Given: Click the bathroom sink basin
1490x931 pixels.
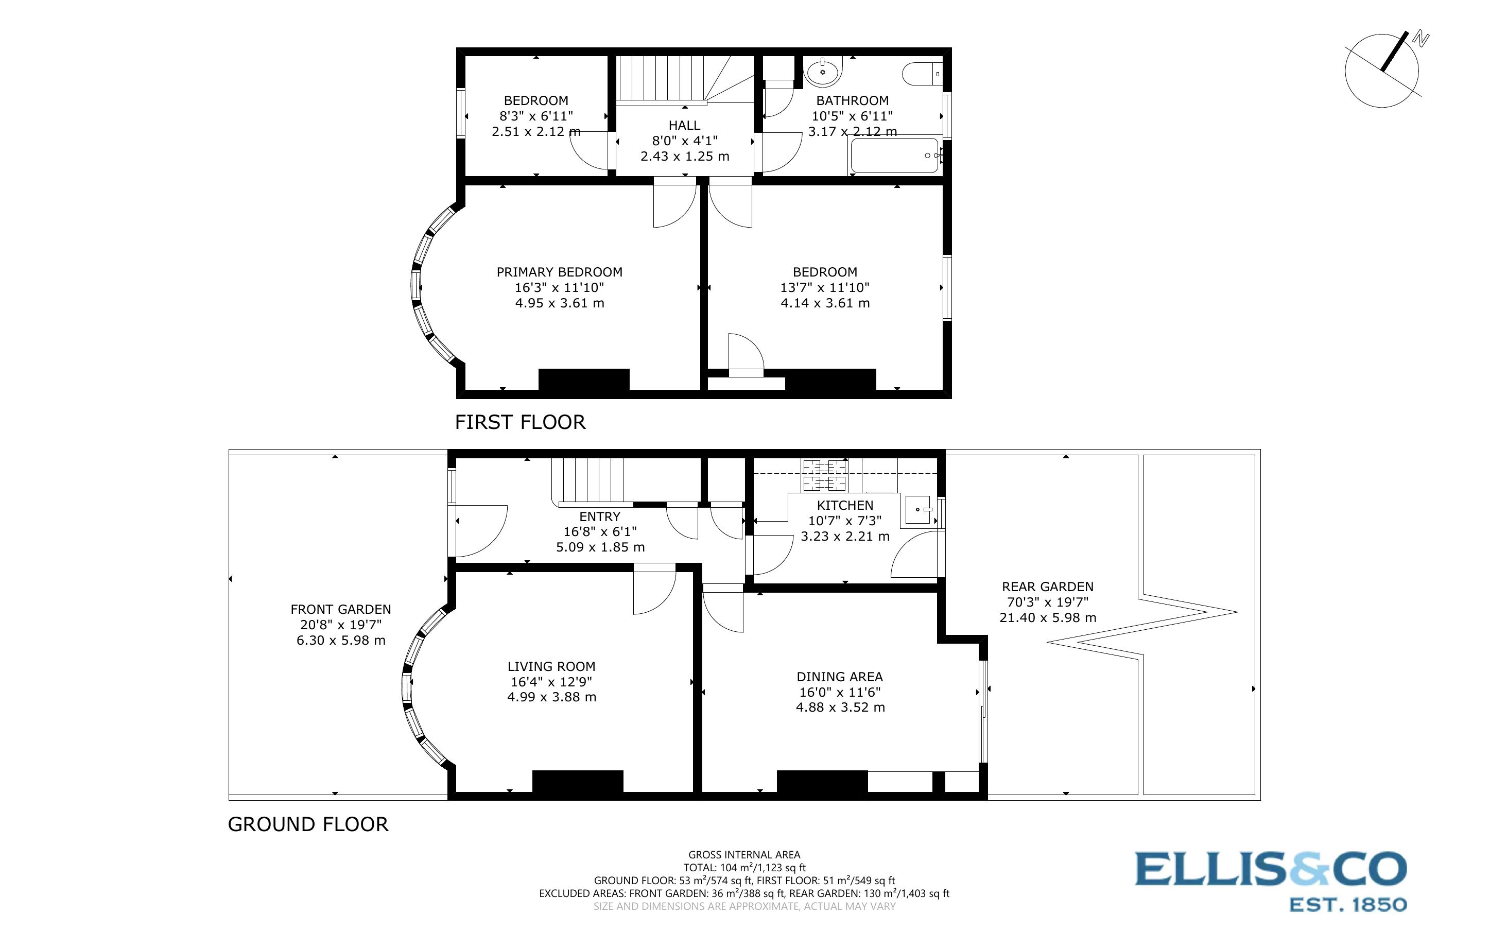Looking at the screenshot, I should click(x=822, y=72).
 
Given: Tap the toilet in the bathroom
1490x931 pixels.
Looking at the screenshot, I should click(x=921, y=74).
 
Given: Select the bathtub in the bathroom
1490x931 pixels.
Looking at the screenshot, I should click(x=894, y=155).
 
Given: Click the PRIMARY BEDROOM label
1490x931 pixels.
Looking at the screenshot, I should click(x=559, y=271).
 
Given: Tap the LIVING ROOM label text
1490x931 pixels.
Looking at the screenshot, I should click(x=551, y=666).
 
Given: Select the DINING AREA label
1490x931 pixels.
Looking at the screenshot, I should click(x=839, y=677).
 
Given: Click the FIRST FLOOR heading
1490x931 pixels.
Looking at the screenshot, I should click(x=520, y=422).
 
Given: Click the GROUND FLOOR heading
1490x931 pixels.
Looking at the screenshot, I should click(x=308, y=824).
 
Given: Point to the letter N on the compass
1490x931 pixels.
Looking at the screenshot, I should click(x=1420, y=40).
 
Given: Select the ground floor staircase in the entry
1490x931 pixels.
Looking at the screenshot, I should click(x=588, y=480).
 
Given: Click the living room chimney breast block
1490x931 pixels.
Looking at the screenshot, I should click(x=577, y=781).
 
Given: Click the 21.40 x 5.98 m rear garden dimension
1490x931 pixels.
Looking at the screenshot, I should click(x=1048, y=617).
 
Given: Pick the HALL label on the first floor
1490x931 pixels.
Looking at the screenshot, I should click(x=684, y=125).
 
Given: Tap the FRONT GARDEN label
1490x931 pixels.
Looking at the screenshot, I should click(x=340, y=609).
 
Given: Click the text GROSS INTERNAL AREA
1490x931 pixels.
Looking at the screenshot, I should click(x=743, y=855).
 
